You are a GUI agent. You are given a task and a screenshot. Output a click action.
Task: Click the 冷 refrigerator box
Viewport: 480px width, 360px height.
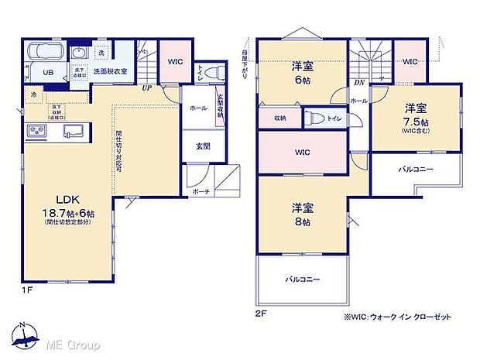(x=34, y=94)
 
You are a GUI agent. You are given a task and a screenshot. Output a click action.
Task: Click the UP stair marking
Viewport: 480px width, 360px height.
(x=146, y=88)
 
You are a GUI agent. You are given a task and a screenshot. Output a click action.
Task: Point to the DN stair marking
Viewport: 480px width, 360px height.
(x=358, y=83)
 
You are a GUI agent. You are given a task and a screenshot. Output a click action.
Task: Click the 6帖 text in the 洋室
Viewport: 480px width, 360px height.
(x=302, y=79)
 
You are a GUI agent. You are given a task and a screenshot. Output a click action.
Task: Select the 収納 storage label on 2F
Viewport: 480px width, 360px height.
(x=279, y=118)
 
